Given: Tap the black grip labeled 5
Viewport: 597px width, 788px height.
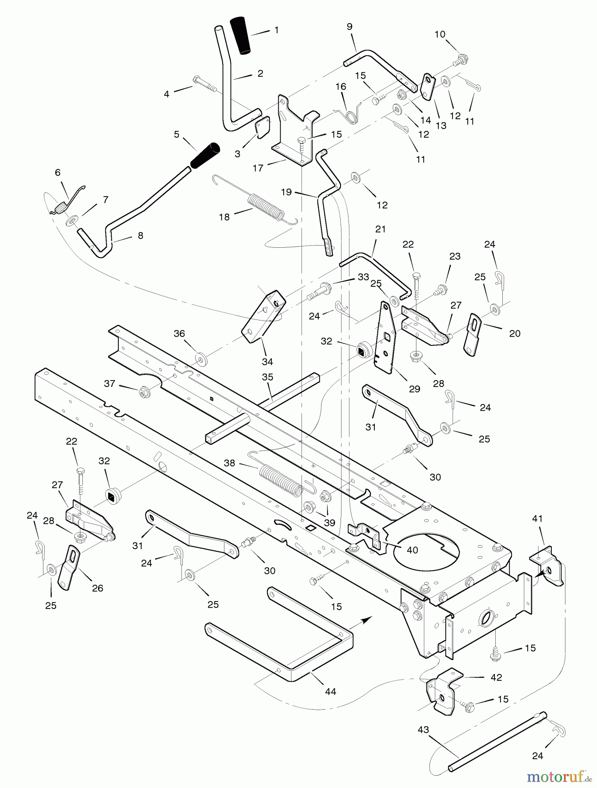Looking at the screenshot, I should pos(204,155).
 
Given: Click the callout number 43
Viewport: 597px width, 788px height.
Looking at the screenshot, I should pos(423,730).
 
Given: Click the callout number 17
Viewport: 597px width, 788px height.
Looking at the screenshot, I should pos(258,168).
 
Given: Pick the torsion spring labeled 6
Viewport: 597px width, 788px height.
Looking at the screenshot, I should pos(61,204).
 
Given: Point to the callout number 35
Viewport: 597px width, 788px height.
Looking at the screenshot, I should pos(267,377).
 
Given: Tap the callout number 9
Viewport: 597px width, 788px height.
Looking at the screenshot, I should pos(349,27).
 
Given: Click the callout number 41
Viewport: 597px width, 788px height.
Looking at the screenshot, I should pos(537,519).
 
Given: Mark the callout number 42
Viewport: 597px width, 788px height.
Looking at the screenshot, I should pos(496,677).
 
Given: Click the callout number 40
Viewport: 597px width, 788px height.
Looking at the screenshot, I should pos(412,550).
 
